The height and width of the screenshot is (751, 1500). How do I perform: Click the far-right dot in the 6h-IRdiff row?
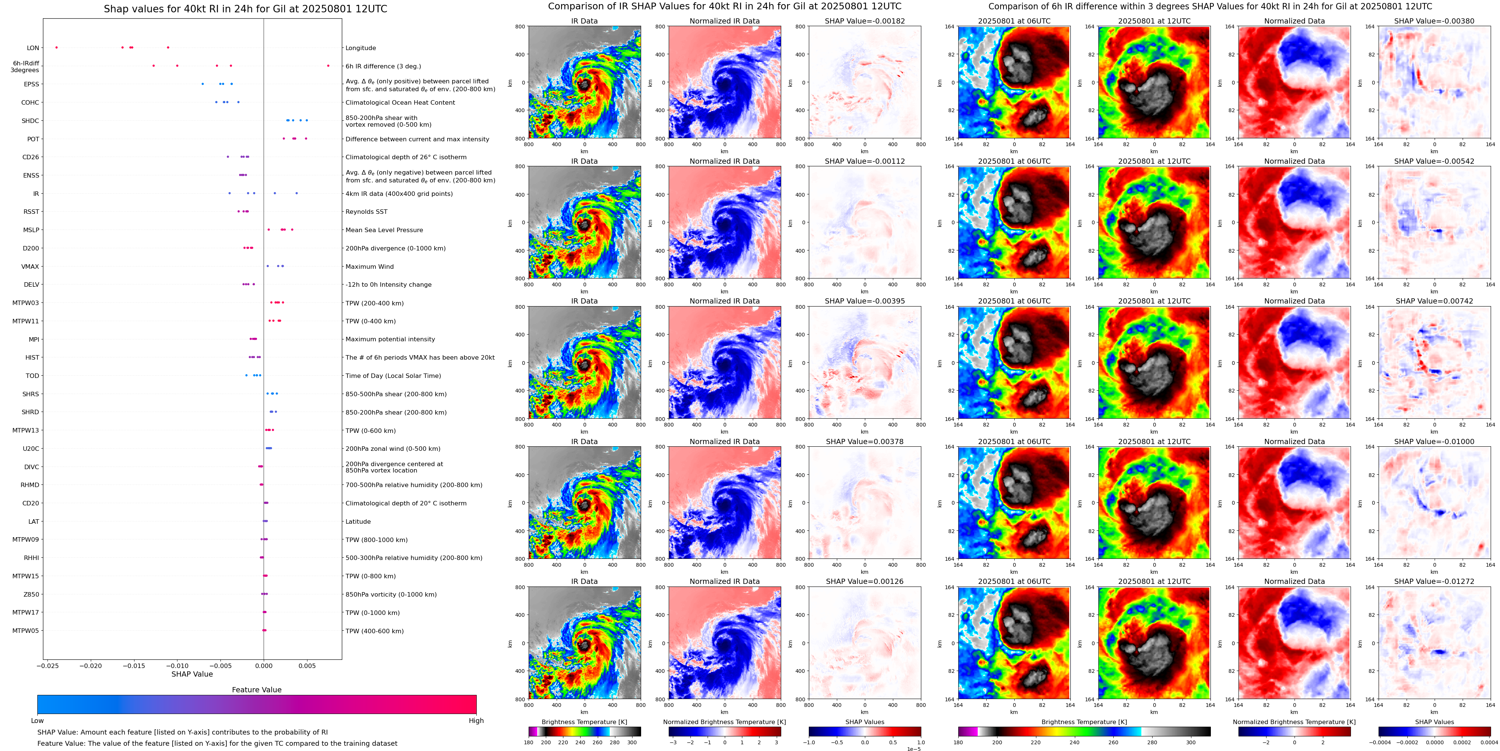pyautogui.click(x=328, y=66)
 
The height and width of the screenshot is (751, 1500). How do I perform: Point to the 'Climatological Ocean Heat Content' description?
pyautogui.click(x=400, y=102)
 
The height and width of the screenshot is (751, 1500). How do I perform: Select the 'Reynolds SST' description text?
pyautogui.click(x=366, y=212)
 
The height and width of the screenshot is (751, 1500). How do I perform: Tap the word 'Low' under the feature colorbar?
pyautogui.click(x=37, y=721)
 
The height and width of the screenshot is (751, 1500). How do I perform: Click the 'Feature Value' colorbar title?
pyautogui.click(x=256, y=690)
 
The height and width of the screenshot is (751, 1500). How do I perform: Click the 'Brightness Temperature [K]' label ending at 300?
pyautogui.click(x=584, y=722)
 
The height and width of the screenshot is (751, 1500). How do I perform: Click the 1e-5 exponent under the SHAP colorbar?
pyautogui.click(x=913, y=749)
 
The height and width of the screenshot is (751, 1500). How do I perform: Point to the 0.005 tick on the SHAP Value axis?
pyautogui.click(x=307, y=666)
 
